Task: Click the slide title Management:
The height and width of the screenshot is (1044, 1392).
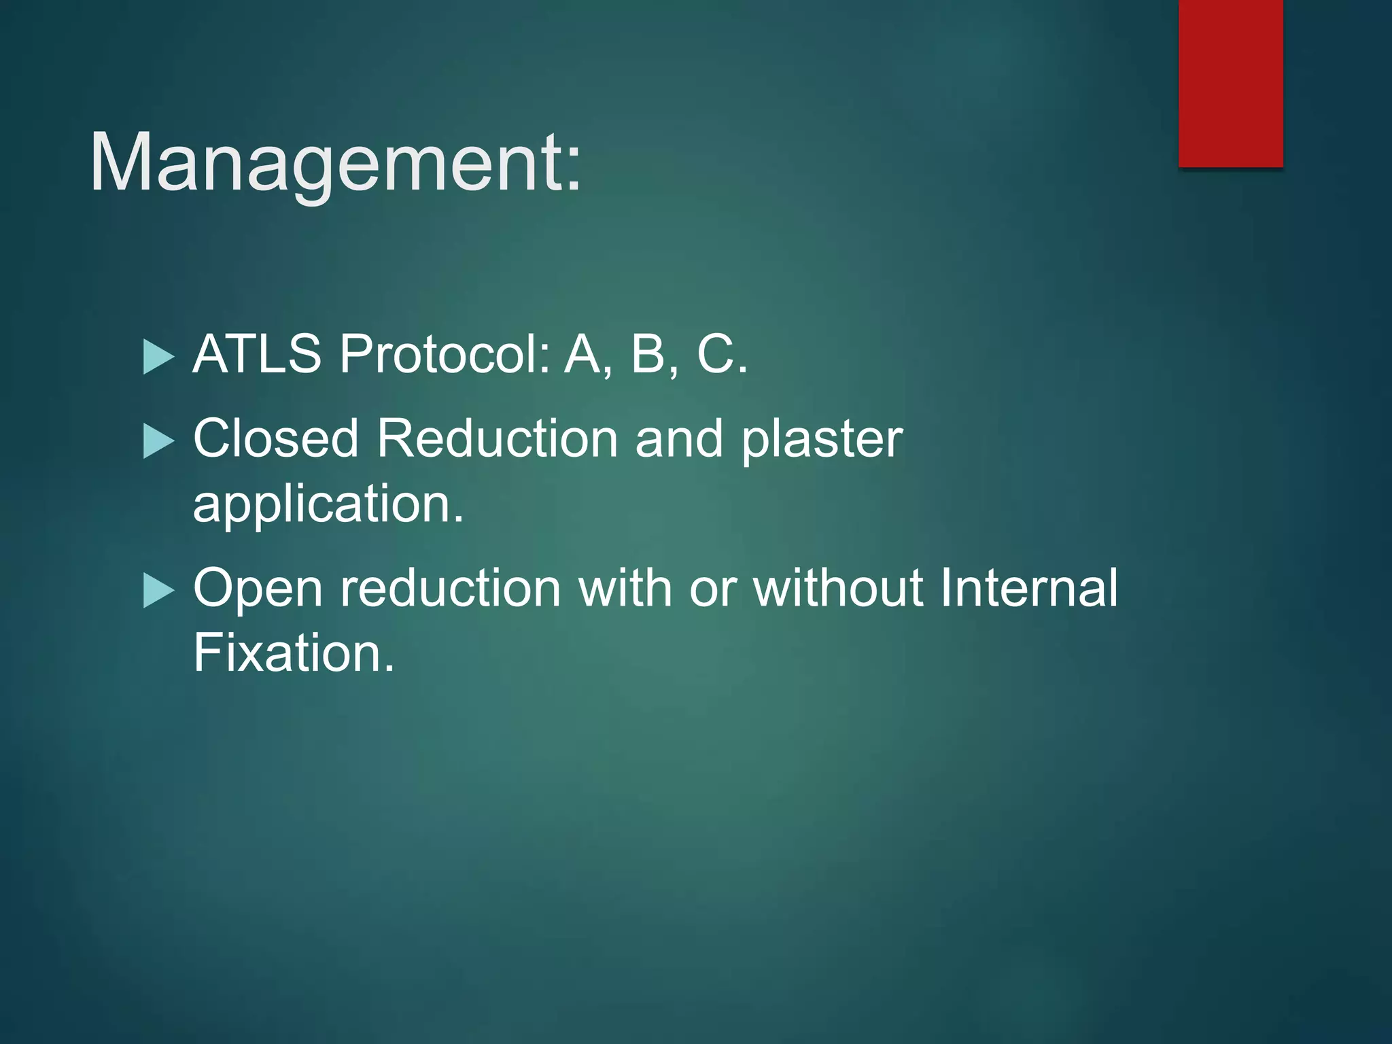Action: tap(335, 163)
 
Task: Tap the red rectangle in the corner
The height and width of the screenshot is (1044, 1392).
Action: tap(1230, 83)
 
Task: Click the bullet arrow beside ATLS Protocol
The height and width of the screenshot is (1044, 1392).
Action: tap(159, 357)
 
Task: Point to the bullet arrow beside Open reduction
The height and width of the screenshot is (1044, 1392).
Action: tap(159, 590)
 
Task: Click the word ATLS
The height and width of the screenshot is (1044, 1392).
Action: tap(257, 354)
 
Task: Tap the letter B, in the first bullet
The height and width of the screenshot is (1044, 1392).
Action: tap(654, 354)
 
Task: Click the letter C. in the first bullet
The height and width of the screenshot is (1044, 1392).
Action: tap(722, 354)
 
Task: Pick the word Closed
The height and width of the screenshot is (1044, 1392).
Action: tap(275, 438)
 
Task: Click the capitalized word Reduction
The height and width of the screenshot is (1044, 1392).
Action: tap(497, 438)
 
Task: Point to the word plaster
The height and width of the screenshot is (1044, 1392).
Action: tap(822, 440)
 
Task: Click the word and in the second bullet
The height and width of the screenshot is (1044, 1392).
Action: tap(679, 438)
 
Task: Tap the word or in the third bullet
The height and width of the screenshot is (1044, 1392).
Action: tap(713, 589)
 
